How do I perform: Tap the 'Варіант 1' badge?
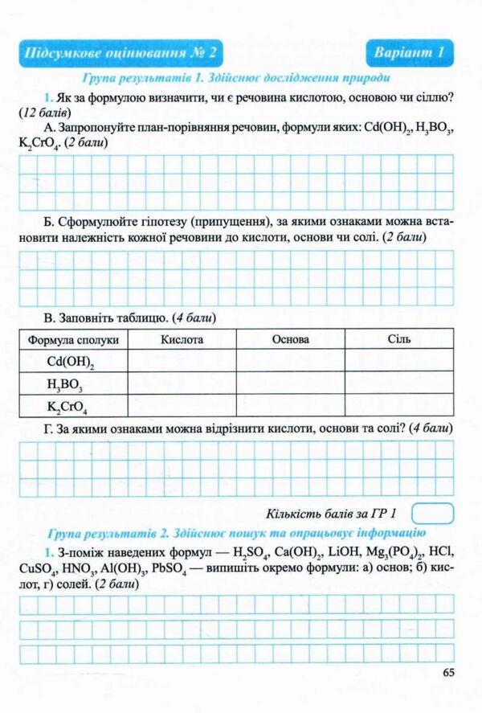[409, 54]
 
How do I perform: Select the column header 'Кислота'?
[182, 340]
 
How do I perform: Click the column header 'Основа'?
[290, 340]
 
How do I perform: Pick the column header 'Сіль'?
[398, 340]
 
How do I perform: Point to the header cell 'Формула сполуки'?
[73, 340]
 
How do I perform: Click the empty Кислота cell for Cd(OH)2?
[182, 362]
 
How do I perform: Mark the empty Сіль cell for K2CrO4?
[398, 405]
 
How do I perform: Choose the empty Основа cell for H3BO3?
[290, 383]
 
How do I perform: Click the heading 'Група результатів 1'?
[236, 79]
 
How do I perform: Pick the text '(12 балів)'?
[46, 113]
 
